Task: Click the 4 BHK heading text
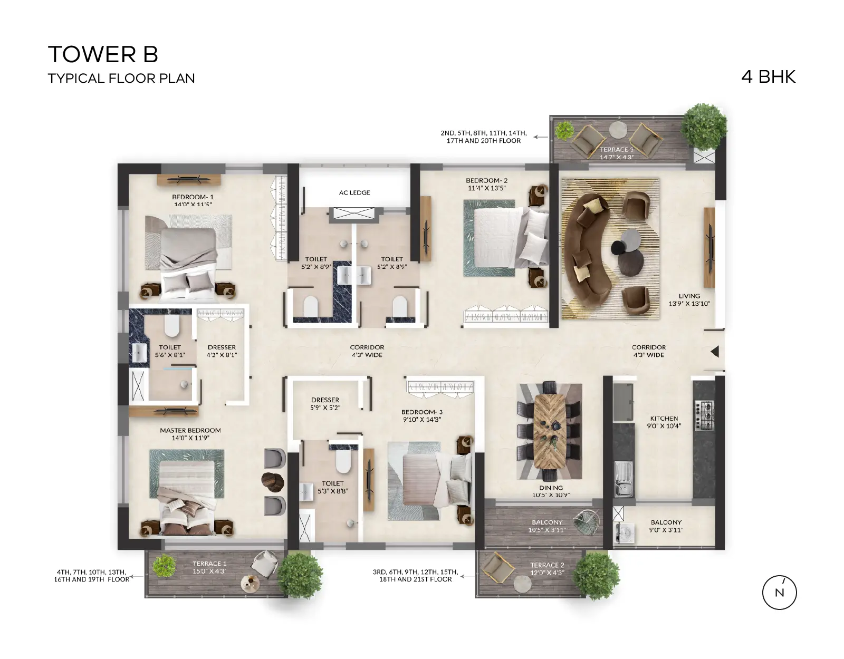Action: pos(768,77)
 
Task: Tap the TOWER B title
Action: pos(103,54)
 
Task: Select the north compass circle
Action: pos(779,592)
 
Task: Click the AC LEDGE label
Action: pos(354,192)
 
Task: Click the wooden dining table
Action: pos(549,431)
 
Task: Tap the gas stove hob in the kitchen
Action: pos(704,415)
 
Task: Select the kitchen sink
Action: pos(624,479)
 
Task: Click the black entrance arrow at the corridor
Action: pos(715,352)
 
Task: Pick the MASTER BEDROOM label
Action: pos(190,430)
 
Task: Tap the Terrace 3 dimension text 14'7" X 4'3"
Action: pos(617,157)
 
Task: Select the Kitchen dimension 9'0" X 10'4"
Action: pos(664,426)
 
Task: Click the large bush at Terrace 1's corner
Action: pos(300,575)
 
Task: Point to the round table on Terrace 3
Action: pos(617,130)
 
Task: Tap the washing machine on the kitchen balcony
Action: pos(624,533)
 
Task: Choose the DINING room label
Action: pos(551,488)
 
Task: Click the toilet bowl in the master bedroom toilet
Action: pos(171,325)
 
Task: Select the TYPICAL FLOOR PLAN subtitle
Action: pos(121,79)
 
